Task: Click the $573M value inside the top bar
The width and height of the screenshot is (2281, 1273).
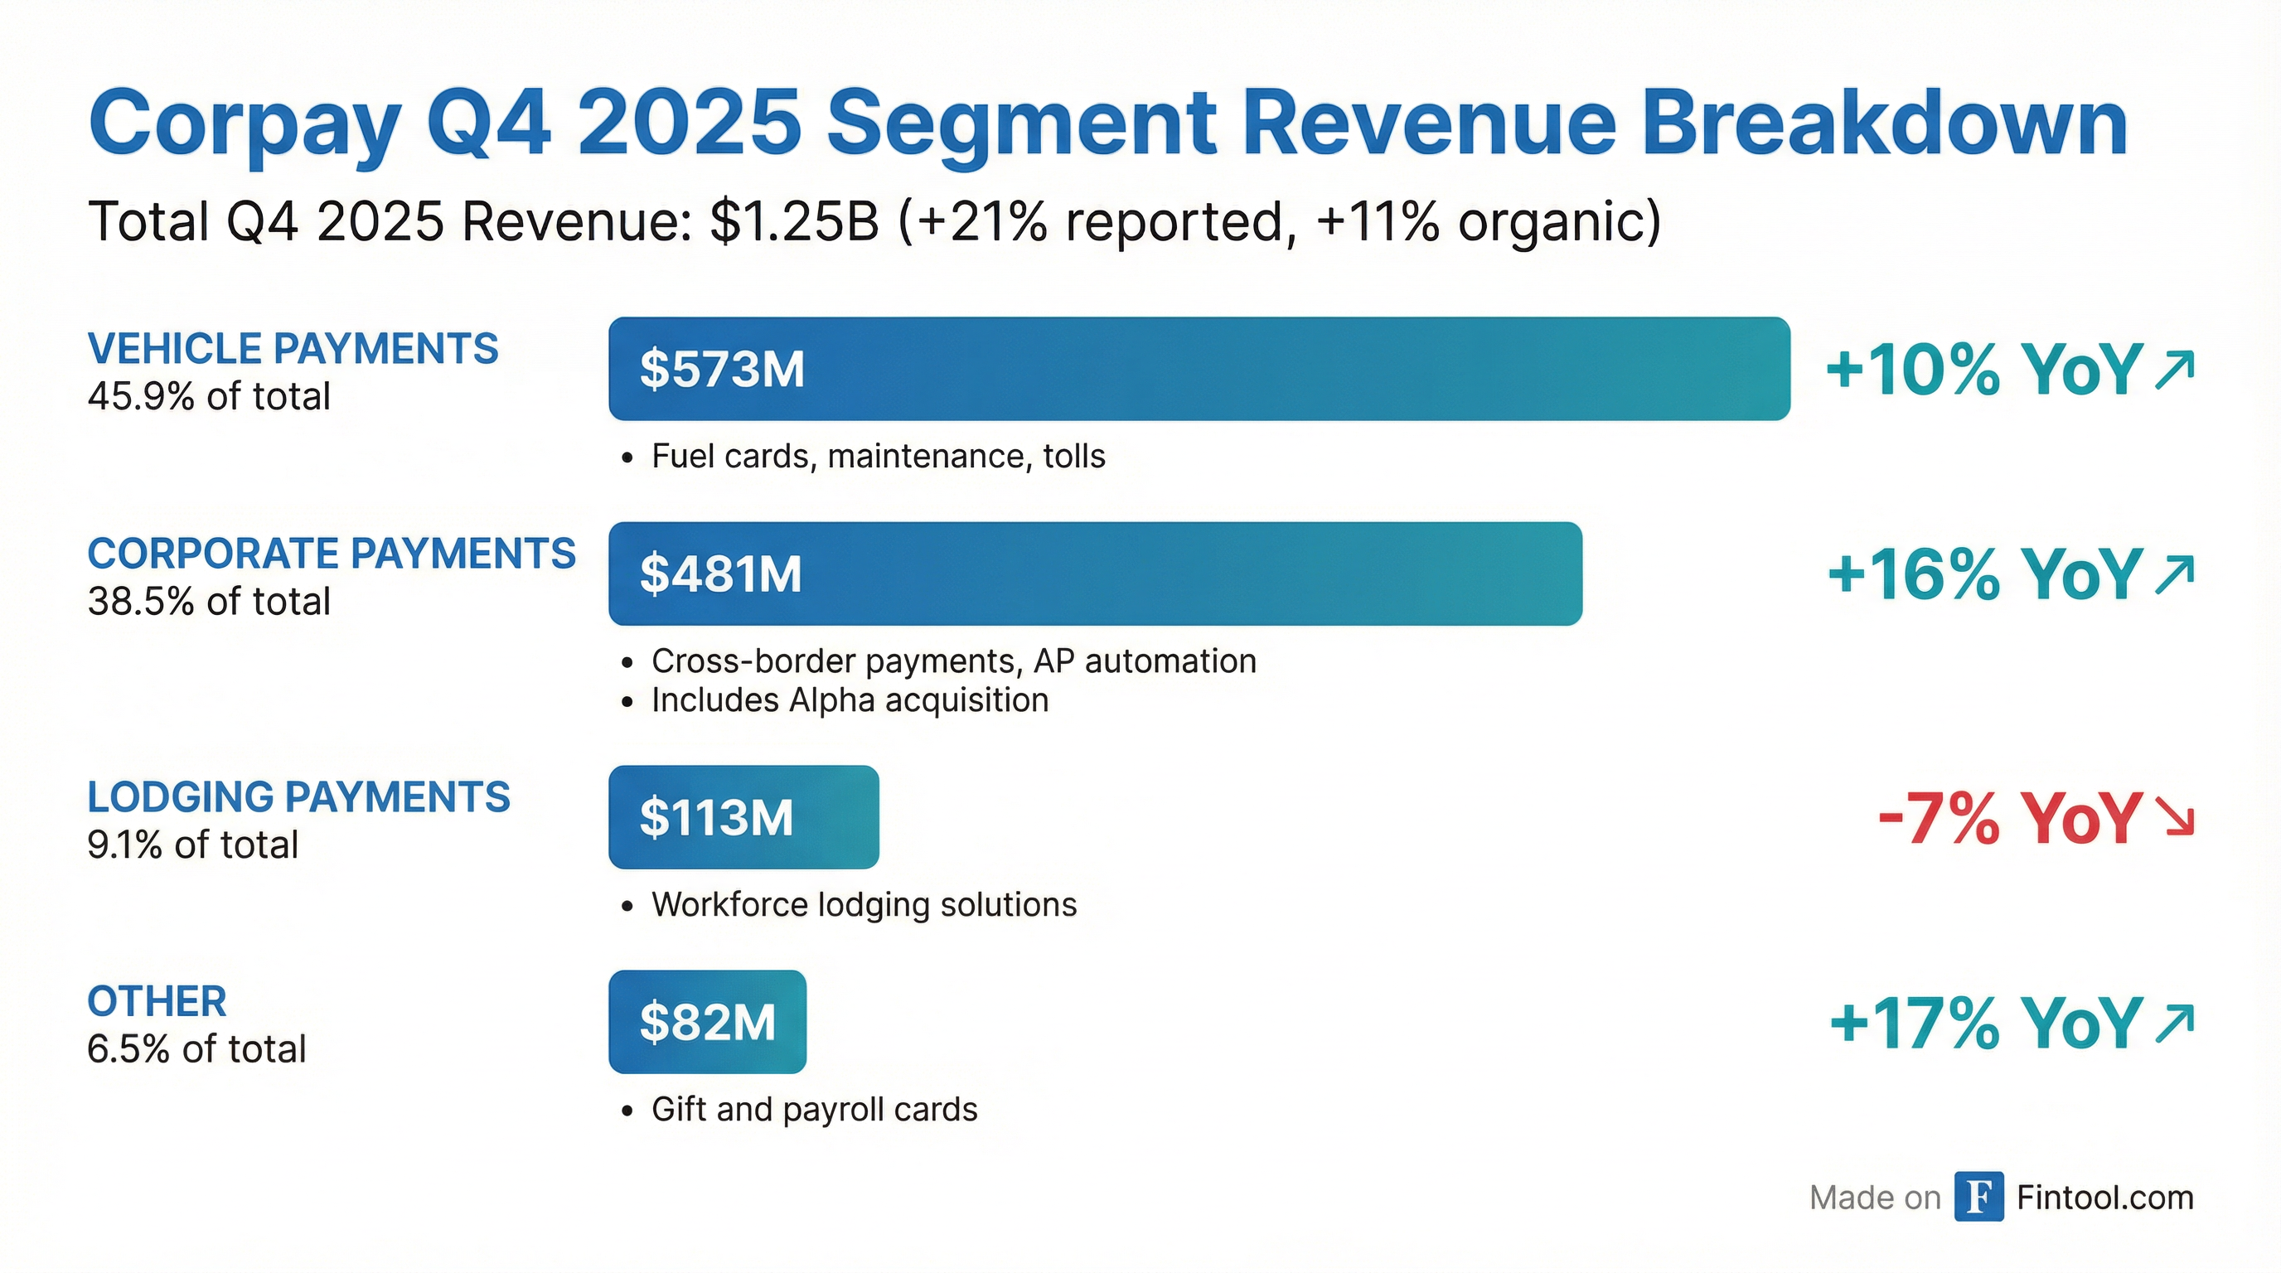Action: [722, 369]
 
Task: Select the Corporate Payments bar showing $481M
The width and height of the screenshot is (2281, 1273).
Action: [1094, 574]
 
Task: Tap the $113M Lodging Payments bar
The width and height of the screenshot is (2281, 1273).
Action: [743, 817]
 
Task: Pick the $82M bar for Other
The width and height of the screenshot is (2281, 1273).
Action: [707, 1022]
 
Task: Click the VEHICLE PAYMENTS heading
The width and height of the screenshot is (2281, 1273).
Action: [293, 349]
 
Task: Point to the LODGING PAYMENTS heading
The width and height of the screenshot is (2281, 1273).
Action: [298, 796]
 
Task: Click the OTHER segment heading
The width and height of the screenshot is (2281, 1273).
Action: [157, 1001]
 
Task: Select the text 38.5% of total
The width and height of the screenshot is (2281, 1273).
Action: [209, 601]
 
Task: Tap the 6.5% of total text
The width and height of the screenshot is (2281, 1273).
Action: [196, 1049]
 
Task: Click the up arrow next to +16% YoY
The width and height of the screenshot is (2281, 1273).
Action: [2175, 574]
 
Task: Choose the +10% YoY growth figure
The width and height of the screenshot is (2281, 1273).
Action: [1983, 369]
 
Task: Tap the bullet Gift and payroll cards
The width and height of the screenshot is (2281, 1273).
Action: [814, 1109]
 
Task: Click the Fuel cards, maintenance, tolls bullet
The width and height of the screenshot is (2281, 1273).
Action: [878, 456]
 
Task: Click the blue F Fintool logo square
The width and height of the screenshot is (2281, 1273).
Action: [1978, 1197]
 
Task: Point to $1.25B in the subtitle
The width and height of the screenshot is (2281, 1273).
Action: [794, 221]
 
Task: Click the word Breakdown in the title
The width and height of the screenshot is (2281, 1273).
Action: [1883, 124]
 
